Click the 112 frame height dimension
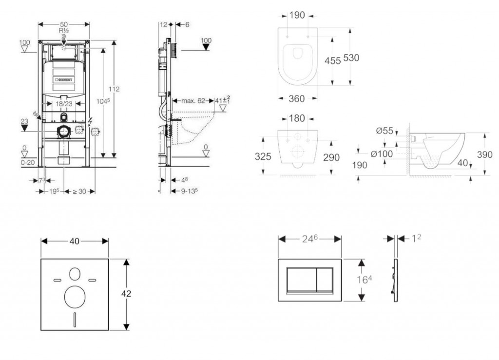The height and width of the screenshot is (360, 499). pos(114,89)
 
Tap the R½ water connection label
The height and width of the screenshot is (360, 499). pos(63,30)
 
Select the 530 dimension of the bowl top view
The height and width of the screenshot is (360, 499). pos(351,58)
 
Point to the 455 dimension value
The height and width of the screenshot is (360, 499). pos(332,60)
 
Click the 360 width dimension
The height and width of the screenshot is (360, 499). pos(296,99)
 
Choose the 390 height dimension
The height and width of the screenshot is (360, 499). pos(485,155)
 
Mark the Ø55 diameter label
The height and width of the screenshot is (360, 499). pos(384,131)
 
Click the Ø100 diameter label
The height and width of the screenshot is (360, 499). pos(381,154)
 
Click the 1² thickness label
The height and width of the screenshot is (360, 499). pos(416,238)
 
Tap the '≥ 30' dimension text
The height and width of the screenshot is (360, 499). pos(79,191)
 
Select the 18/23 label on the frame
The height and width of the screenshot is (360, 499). pos(63,104)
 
